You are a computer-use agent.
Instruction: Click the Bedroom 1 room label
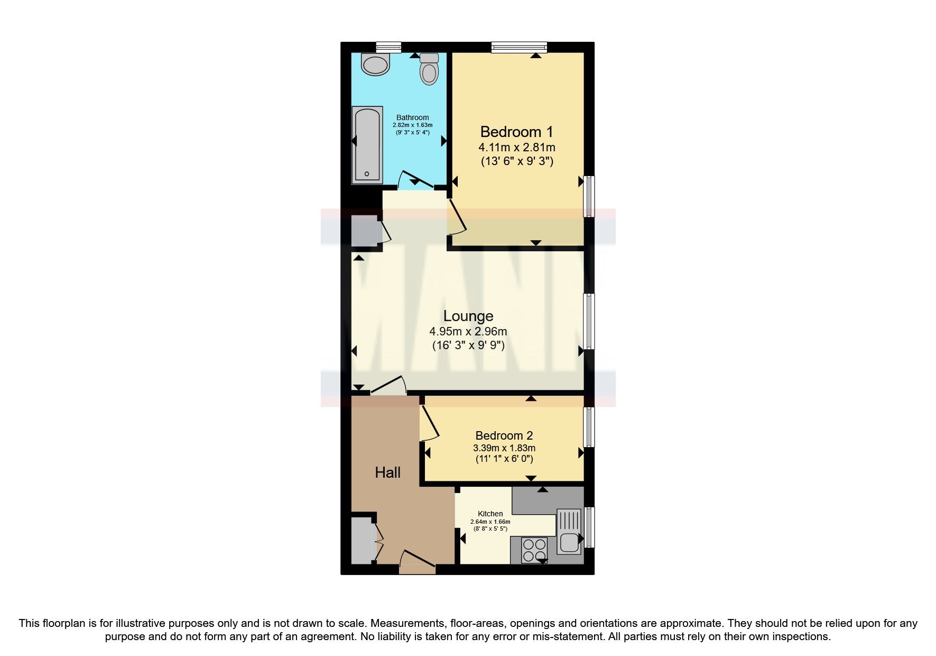coord(516,132)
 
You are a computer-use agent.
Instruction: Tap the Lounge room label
coord(468,316)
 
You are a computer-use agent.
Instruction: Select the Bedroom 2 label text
coord(504,435)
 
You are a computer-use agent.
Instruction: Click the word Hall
coord(387,472)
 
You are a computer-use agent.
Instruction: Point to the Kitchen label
coord(490,514)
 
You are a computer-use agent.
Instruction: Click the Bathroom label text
coord(413,117)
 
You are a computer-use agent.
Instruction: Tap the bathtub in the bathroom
coord(367,145)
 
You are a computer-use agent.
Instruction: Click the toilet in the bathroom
coord(429,69)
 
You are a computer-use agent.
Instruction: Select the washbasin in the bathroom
coord(375,65)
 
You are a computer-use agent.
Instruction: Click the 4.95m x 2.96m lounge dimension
coord(468,332)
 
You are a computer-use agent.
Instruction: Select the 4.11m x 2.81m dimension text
coord(516,147)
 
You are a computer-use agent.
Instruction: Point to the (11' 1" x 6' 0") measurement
coord(504,459)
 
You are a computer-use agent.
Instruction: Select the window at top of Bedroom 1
coord(518,47)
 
